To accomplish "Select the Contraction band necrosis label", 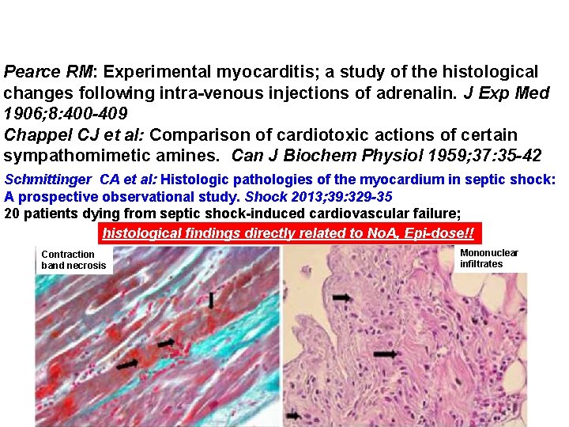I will (x=73, y=259).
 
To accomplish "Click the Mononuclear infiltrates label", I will (x=488, y=258).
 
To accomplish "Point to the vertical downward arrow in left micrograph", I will (x=211, y=300).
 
